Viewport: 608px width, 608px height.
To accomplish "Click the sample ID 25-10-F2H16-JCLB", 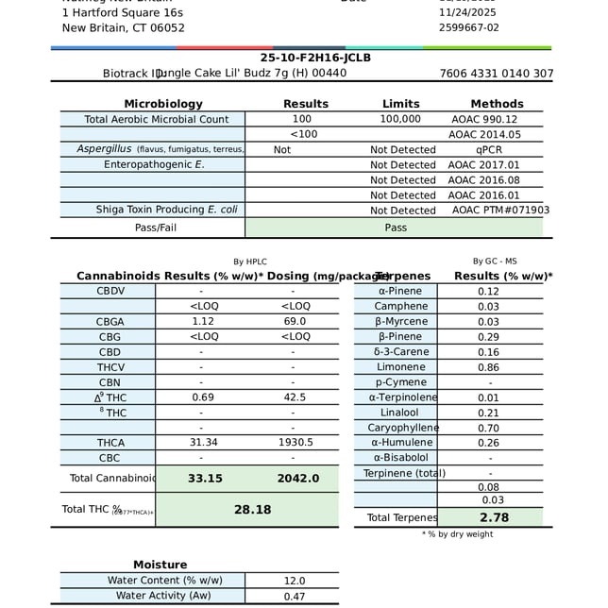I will tap(302, 58).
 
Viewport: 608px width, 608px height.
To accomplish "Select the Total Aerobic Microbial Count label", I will tap(156, 119).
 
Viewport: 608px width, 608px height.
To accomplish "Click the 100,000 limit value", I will tap(400, 119).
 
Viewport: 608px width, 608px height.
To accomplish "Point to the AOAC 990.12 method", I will tap(484, 119).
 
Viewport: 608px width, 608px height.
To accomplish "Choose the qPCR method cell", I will tap(489, 149).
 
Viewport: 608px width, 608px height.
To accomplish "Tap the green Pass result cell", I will tap(396, 228).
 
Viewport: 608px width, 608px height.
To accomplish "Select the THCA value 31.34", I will tap(203, 443).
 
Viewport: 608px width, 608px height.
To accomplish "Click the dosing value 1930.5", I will tap(296, 443).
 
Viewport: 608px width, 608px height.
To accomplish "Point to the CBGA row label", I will tap(110, 322).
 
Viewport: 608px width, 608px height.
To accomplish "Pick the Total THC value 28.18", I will tap(252, 510).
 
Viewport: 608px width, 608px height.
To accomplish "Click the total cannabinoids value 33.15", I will tap(205, 479).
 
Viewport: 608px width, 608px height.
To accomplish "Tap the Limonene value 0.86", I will tap(488, 366).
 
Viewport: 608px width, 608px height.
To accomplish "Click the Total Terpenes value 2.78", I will tap(494, 517).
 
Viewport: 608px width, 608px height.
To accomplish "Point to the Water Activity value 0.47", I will tap(295, 596).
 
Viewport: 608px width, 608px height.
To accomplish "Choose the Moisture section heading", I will tap(160, 565).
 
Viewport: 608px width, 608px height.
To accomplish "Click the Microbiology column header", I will tap(163, 104).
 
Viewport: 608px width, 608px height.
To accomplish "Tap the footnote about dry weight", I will tap(457, 534).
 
